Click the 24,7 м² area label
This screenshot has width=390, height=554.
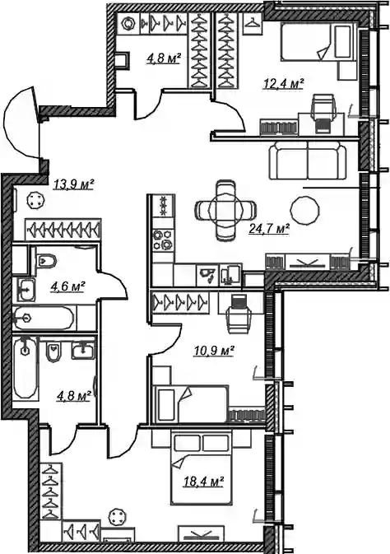[269, 230]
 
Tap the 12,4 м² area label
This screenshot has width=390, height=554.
[284, 84]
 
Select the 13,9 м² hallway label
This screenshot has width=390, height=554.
[74, 184]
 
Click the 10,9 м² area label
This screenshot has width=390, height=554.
[214, 351]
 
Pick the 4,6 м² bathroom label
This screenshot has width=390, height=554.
[68, 285]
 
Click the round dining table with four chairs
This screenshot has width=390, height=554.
[225, 210]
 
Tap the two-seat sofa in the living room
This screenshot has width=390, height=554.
[308, 160]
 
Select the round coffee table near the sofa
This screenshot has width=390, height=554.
[305, 210]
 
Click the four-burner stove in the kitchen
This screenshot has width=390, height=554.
[163, 240]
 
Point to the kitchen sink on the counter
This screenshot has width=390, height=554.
[209, 275]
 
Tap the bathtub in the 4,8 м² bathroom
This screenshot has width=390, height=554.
[25, 370]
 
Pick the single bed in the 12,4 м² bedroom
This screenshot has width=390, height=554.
[317, 42]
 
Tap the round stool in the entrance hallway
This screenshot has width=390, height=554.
[35, 201]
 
